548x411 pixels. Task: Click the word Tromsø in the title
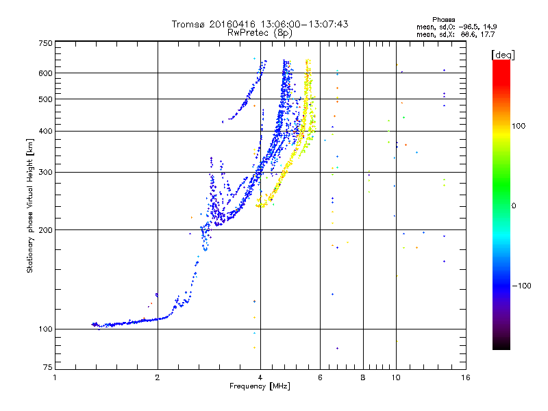[x=189, y=24]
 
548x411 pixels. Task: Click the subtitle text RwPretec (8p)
[x=260, y=33]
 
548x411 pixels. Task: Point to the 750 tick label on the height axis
[x=45, y=43]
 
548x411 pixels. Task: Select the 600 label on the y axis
[x=45, y=73]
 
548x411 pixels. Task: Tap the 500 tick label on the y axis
[x=45, y=99]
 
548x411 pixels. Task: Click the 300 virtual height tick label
[x=45, y=173]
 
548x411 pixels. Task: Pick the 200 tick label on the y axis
[x=45, y=230]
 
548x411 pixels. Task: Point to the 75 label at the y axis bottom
[x=48, y=367]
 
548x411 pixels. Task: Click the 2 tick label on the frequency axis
[x=158, y=377]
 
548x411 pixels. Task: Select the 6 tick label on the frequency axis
[x=320, y=377]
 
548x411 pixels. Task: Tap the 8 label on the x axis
[x=363, y=377]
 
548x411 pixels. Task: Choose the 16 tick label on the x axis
[x=466, y=377]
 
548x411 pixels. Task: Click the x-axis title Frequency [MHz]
[x=260, y=386]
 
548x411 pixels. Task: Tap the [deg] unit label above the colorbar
[x=503, y=55]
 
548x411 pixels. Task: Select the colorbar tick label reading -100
[x=522, y=286]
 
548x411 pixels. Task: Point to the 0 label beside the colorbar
[x=514, y=206]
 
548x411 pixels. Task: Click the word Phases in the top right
[x=443, y=20]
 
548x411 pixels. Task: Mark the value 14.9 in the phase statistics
[x=490, y=27]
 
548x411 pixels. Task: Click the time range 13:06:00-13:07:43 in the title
[x=304, y=24]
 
